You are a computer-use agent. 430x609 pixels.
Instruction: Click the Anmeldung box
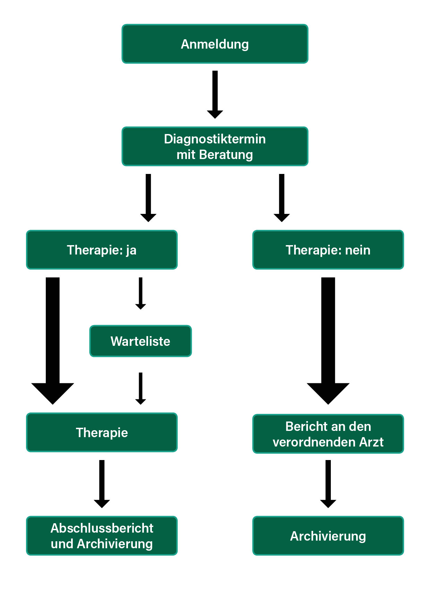pyautogui.click(x=215, y=44)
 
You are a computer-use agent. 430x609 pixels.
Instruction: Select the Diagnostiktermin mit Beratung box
pyautogui.click(x=215, y=147)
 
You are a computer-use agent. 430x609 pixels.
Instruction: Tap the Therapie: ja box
pyautogui.click(x=102, y=250)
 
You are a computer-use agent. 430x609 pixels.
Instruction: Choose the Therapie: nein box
pyautogui.click(x=328, y=250)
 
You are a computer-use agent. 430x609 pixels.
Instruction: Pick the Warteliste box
pyautogui.click(x=140, y=341)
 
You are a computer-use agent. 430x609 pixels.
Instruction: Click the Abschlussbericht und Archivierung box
pyautogui.click(x=102, y=536)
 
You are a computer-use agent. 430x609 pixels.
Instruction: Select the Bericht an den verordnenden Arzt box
pyautogui.click(x=328, y=434)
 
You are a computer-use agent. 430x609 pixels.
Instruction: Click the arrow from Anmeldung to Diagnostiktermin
pyautogui.click(x=215, y=94)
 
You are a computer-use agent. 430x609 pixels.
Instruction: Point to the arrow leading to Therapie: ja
pyautogui.click(x=148, y=198)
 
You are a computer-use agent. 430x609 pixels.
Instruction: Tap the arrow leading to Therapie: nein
pyautogui.click(x=282, y=198)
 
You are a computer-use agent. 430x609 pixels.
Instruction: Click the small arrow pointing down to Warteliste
pyautogui.click(x=140, y=293)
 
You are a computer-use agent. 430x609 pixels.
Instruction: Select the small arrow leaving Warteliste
pyautogui.click(x=140, y=389)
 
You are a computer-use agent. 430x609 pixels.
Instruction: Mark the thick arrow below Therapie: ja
pyautogui.click(x=53, y=341)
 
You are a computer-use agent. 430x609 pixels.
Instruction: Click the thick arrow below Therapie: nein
pyautogui.click(x=328, y=341)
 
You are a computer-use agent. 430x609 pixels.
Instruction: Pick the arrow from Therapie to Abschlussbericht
pyautogui.click(x=102, y=484)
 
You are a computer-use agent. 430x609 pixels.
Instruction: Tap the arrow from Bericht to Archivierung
pyautogui.click(x=328, y=484)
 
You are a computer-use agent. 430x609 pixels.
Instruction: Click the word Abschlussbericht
pyautogui.click(x=102, y=528)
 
